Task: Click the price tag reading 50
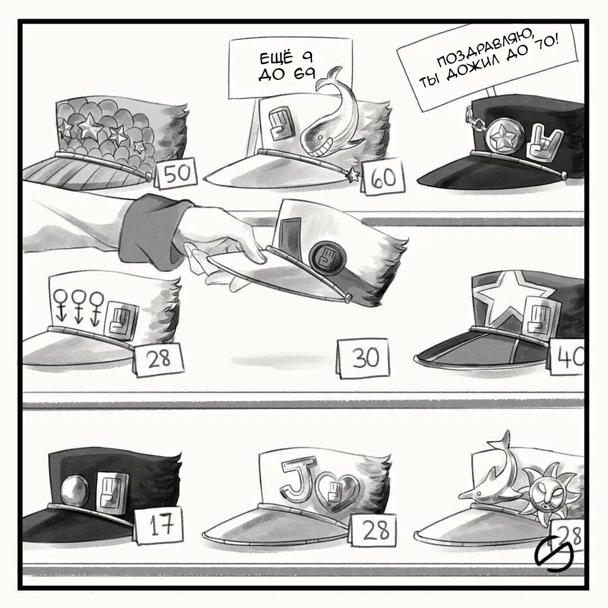click(176, 173)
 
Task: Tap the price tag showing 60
click(383, 177)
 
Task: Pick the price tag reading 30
click(363, 357)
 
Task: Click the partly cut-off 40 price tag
click(567, 357)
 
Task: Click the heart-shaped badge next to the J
click(337, 491)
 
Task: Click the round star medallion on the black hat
click(504, 137)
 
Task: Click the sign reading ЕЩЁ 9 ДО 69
click(290, 69)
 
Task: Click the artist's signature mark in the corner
click(554, 553)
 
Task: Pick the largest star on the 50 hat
click(90, 127)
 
